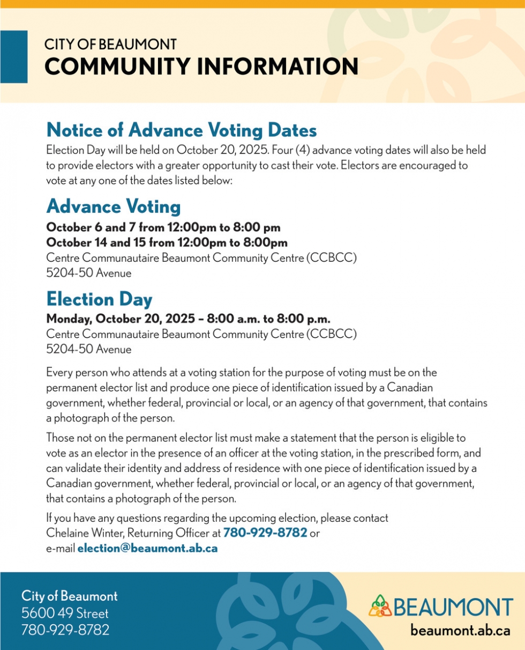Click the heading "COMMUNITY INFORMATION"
pyautogui.click(x=201, y=67)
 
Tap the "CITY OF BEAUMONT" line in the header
pyautogui.click(x=110, y=45)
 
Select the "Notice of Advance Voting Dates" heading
pyautogui.click(x=182, y=130)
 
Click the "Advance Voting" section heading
pyautogui.click(x=114, y=206)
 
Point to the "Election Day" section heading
pyautogui.click(x=100, y=298)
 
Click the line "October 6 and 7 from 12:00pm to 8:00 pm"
pyautogui.click(x=163, y=227)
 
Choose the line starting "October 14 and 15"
pyautogui.click(x=167, y=242)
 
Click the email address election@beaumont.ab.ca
pyautogui.click(x=148, y=549)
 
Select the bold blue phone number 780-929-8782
pyautogui.click(x=265, y=533)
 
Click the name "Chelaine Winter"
pyautogui.click(x=80, y=533)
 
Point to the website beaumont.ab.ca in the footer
pyautogui.click(x=460, y=630)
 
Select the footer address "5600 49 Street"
pyautogui.click(x=65, y=613)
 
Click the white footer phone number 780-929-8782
pyautogui.click(x=65, y=630)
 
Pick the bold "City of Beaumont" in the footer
pyautogui.click(x=69, y=596)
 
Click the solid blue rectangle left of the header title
pyautogui.click(x=13, y=56)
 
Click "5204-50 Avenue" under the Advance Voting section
pyautogui.click(x=88, y=273)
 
